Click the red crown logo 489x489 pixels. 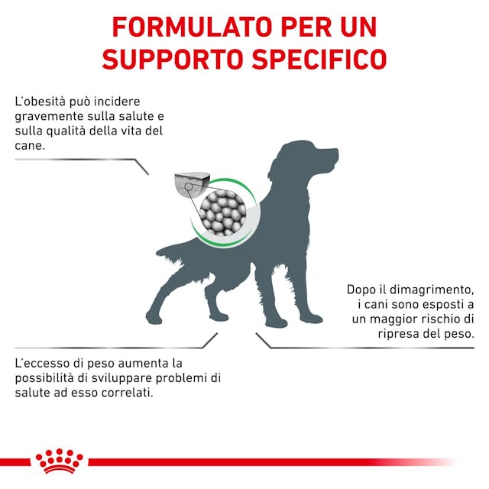click(60, 461)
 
